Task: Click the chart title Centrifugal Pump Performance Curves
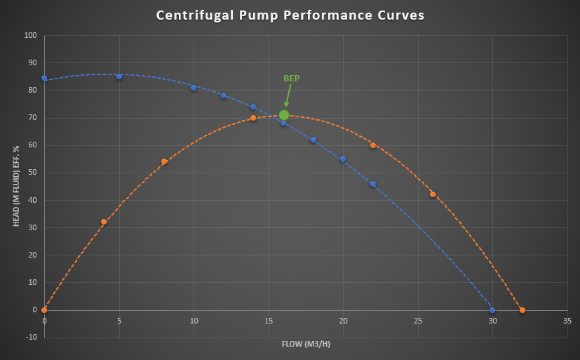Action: (290, 15)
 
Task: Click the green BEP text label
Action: (291, 78)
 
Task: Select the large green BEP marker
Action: (284, 115)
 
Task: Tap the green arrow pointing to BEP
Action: (288, 95)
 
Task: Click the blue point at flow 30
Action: (492, 309)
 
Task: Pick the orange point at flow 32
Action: (522, 309)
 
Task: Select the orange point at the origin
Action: (44, 309)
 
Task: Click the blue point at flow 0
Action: (44, 78)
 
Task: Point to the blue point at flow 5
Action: (119, 76)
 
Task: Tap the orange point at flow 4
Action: (104, 222)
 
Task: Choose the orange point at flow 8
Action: (164, 161)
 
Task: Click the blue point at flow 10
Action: (194, 88)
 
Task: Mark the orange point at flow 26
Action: (433, 194)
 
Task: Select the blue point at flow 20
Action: (343, 159)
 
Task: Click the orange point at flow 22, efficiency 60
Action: (373, 145)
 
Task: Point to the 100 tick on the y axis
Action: (30, 35)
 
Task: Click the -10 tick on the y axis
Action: (31, 337)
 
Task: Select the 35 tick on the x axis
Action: (567, 321)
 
